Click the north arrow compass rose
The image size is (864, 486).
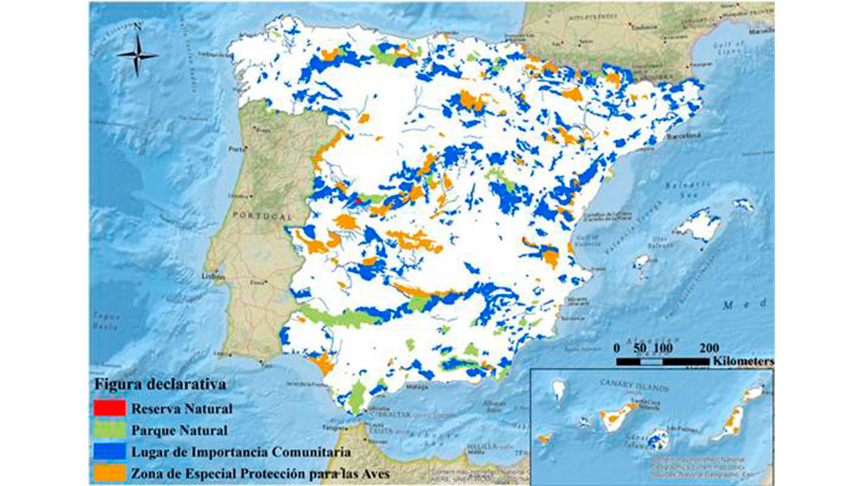(137, 57)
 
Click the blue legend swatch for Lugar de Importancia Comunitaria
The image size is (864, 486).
(111, 451)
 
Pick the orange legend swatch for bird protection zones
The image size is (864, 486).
(111, 472)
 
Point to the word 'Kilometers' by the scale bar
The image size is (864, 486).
(741, 359)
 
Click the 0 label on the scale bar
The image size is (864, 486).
(617, 346)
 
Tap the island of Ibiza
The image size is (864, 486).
(643, 261)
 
